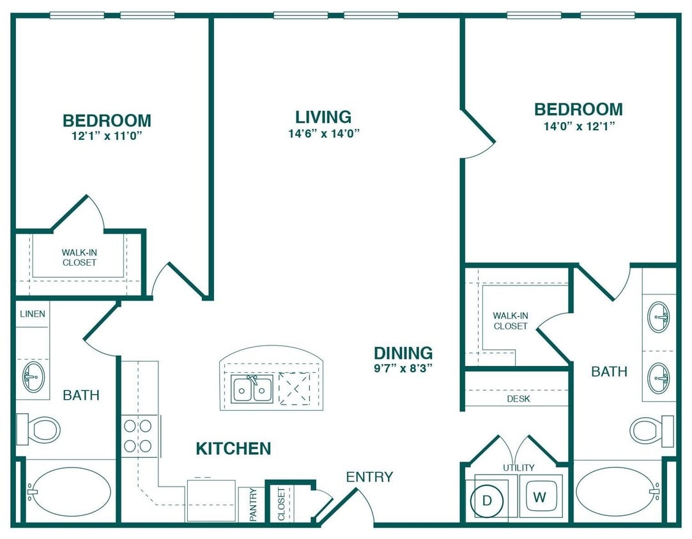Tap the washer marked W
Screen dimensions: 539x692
coord(540,497)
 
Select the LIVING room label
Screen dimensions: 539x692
coord(323,117)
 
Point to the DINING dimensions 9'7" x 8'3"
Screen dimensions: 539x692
coord(403,368)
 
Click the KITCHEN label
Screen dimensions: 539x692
coord(233,449)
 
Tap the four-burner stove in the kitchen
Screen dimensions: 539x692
coord(138,436)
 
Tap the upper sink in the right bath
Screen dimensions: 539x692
coord(659,315)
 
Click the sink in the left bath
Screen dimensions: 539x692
coord(33,377)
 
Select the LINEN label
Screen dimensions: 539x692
coord(32,314)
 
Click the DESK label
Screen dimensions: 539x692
coord(518,399)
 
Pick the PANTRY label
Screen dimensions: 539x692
coord(253,505)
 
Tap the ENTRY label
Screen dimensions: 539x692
coord(369,476)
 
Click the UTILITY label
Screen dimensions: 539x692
coord(518,468)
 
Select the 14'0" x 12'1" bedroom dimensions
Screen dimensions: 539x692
coord(578,126)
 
